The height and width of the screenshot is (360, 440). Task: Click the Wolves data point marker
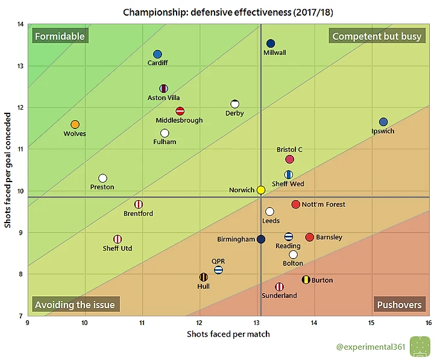(x=75, y=124)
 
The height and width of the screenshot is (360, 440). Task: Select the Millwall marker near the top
(x=271, y=43)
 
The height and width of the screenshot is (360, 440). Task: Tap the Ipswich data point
(x=383, y=122)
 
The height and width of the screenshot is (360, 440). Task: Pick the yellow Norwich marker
(x=261, y=190)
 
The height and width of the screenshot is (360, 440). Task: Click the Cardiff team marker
(x=157, y=54)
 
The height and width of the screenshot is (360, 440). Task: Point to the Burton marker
(x=306, y=280)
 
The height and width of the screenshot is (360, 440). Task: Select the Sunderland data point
(x=279, y=287)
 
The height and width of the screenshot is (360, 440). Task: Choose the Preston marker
(x=102, y=178)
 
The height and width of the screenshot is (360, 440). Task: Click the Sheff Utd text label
(x=118, y=248)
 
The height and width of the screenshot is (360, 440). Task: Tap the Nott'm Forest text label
(x=323, y=204)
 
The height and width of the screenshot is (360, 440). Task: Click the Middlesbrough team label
(x=179, y=121)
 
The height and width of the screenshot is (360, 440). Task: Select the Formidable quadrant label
(x=60, y=36)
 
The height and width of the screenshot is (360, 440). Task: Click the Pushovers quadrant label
(x=399, y=305)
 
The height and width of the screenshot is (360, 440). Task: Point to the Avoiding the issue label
(x=75, y=305)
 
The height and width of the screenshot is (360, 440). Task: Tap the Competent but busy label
(x=377, y=36)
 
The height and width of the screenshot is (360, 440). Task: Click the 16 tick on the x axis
(x=429, y=322)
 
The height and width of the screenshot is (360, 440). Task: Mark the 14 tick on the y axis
(x=20, y=25)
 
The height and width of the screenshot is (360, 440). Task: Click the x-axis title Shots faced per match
(x=228, y=333)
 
